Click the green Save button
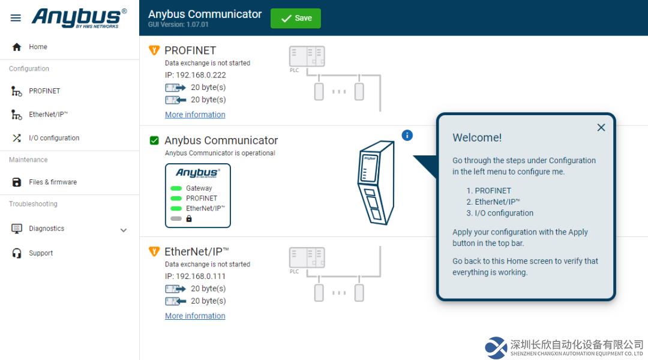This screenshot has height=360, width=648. click(295, 18)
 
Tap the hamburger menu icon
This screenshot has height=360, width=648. click(16, 18)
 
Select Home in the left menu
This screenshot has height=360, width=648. click(38, 47)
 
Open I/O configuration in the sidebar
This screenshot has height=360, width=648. click(54, 138)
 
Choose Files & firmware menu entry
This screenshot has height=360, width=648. click(53, 182)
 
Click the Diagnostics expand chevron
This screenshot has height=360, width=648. click(123, 230)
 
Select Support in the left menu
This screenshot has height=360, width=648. click(41, 253)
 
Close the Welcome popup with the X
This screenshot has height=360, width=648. click(601, 128)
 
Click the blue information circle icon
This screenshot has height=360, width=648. click(407, 135)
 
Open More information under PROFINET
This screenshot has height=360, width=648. click(195, 115)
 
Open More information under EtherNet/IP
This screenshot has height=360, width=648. click(195, 316)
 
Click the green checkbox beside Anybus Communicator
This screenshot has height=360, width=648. click(154, 140)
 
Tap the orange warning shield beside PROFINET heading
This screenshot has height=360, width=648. click(154, 50)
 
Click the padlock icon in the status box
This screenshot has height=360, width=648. click(189, 218)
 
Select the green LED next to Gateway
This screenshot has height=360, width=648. click(176, 188)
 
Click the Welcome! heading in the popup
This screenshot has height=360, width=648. click(477, 137)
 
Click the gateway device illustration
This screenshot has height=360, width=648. click(376, 182)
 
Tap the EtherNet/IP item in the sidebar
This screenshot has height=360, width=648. click(49, 115)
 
